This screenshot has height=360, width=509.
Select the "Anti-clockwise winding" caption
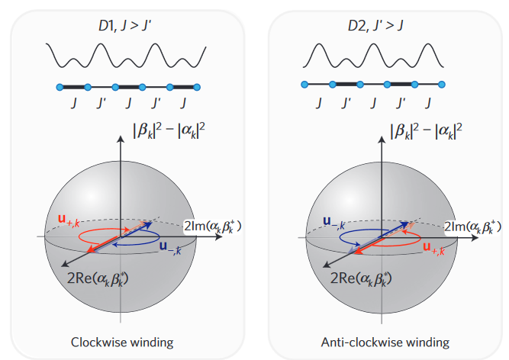[x=387, y=341]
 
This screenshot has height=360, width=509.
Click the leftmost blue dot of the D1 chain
[x=60, y=86]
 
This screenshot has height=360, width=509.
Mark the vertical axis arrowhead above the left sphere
[x=121, y=137]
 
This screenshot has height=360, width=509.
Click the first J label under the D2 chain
[x=320, y=101]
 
